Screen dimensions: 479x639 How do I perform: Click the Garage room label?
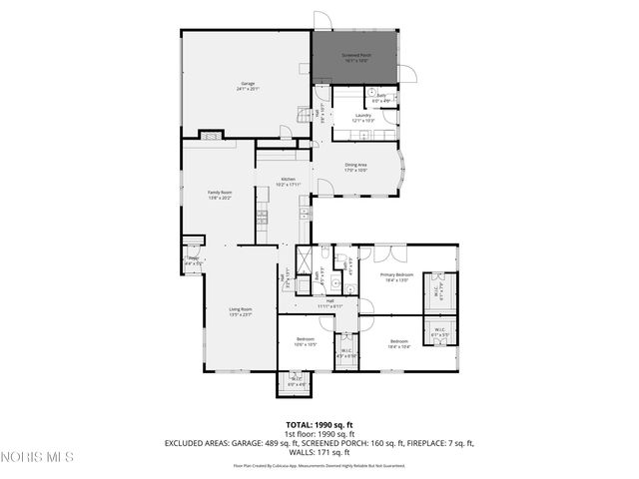click(x=248, y=86)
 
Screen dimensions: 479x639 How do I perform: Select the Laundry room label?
click(x=362, y=118)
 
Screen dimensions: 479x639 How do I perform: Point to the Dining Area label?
click(x=356, y=167)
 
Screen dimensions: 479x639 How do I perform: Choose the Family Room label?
click(x=220, y=195)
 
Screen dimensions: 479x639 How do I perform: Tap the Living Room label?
click(x=241, y=312)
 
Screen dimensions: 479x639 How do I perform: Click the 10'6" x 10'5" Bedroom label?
click(x=306, y=342)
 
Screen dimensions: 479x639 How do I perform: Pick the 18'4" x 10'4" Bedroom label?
click(x=399, y=344)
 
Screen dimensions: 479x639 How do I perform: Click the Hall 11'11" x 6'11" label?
click(x=329, y=302)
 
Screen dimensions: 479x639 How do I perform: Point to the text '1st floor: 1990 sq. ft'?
click(x=319, y=434)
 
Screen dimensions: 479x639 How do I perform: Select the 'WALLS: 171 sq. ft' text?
click(x=319, y=452)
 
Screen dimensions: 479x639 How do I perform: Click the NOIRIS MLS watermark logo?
click(x=38, y=458)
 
